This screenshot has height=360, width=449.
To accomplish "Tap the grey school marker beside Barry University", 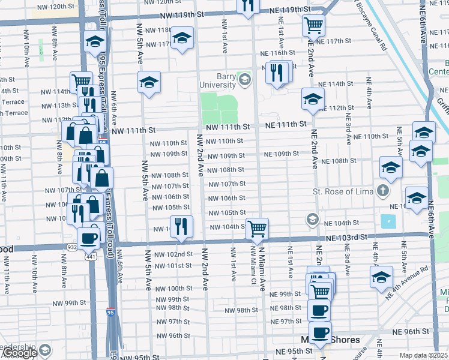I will click(x=244, y=79).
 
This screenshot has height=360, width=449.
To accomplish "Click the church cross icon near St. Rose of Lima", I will click(x=383, y=191).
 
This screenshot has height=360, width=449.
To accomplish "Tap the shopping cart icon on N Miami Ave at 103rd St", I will click(x=257, y=227).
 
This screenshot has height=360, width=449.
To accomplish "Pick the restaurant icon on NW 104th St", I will click(x=181, y=226).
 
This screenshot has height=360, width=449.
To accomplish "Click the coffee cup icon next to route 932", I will click(x=89, y=237).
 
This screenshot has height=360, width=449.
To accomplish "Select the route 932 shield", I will click(x=71, y=247).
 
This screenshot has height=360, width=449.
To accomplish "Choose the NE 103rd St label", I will click(x=346, y=238).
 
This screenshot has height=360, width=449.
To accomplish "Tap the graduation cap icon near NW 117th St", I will click(x=181, y=38).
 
